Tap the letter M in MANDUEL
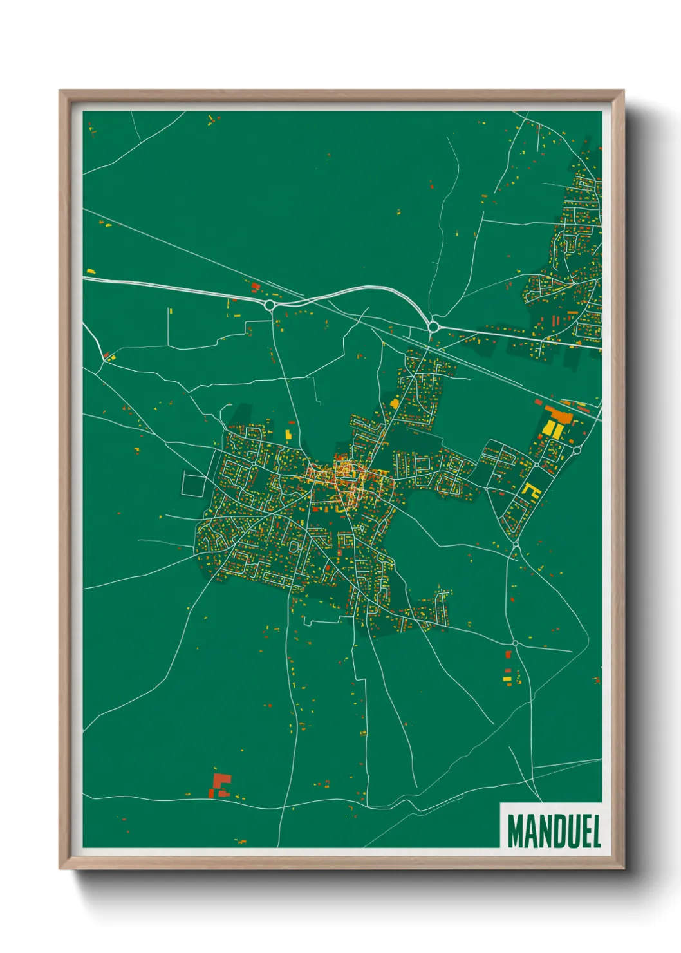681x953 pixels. [x=515, y=831]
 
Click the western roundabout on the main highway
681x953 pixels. [x=270, y=305]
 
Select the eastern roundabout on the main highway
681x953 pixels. [x=433, y=327]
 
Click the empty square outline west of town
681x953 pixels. [x=192, y=484]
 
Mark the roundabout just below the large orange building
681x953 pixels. [x=577, y=450]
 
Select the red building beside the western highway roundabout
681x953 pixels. [x=256, y=287]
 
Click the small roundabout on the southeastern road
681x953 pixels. [x=516, y=643]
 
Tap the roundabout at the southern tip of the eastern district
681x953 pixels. [x=516, y=545]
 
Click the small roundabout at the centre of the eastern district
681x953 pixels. [x=536, y=464]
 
